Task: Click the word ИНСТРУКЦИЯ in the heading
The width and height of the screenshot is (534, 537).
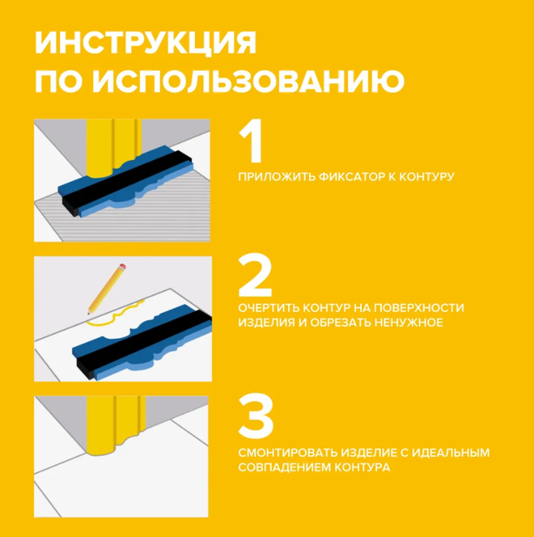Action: (145, 44)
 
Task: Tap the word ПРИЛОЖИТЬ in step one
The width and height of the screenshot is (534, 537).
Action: (274, 176)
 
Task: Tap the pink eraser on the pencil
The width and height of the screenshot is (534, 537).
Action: (123, 265)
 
